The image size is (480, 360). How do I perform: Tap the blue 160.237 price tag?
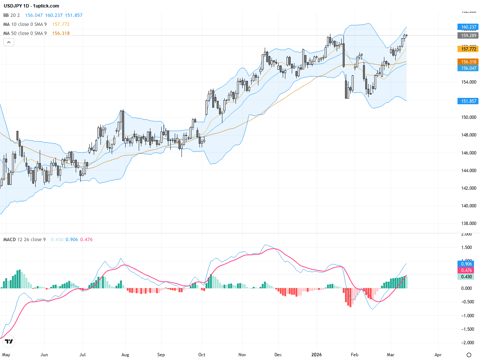tap(468, 27)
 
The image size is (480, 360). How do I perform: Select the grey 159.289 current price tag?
tap(468, 36)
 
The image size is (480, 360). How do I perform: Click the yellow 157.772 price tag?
tap(468, 49)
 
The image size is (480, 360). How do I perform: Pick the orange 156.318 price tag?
tap(468, 62)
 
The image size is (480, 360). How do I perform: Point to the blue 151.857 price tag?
tap(468, 101)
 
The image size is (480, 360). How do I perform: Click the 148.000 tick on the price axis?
tap(468, 135)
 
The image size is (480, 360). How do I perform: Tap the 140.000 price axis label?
tap(468, 206)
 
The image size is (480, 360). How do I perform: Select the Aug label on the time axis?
tap(125, 355)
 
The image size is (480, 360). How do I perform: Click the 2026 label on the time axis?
tap(316, 355)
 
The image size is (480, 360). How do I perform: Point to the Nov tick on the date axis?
tap(242, 355)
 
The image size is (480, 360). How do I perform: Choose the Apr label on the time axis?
tap(438, 355)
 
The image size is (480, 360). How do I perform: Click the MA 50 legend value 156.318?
tap(61, 33)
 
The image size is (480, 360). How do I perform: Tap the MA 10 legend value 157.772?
tap(61, 24)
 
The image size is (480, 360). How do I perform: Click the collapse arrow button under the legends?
tap(9, 42)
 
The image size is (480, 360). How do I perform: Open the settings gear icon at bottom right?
tap(469, 355)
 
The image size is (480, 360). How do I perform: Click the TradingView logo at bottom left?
tap(9, 341)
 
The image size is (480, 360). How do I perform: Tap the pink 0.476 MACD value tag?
tap(466, 270)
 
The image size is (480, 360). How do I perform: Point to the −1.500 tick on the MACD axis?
tap(466, 329)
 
